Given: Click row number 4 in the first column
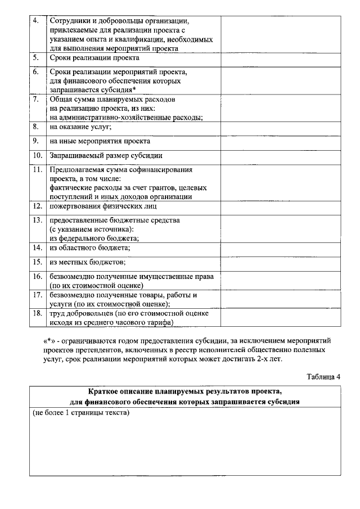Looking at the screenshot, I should pos(36,21).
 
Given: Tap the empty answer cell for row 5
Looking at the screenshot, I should pos(280,60).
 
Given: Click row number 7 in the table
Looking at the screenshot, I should pos(36,99).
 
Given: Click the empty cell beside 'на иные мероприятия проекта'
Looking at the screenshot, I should pos(280,142).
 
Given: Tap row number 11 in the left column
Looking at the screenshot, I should pos(37,169).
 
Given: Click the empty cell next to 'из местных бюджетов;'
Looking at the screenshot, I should pos(280,263).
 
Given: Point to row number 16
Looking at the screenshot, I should pos(37,276).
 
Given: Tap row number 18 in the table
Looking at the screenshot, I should pos(37,313).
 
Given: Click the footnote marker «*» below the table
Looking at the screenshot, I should pos(48,340).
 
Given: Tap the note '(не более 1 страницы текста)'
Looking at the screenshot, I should pos(81,412).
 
